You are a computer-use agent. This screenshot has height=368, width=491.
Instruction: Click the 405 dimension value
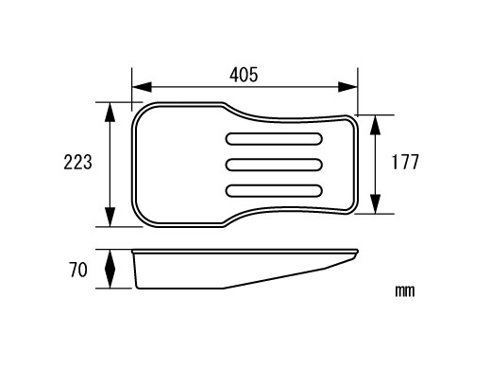point(244,75)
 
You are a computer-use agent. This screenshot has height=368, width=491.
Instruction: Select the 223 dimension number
point(77,162)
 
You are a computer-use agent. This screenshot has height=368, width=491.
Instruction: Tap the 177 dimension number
point(405,162)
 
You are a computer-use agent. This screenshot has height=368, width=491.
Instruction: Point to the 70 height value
point(78,270)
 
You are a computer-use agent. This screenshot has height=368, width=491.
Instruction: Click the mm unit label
point(405,290)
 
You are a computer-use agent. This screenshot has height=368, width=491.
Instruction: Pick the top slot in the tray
point(274,139)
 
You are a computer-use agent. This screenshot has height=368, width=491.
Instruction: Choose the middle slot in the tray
point(274,165)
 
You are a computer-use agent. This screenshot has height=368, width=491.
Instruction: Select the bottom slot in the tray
point(274,191)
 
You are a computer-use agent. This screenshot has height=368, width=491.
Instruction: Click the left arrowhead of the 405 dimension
point(142,87)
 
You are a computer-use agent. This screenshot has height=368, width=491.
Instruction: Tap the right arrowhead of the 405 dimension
point(347,87)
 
